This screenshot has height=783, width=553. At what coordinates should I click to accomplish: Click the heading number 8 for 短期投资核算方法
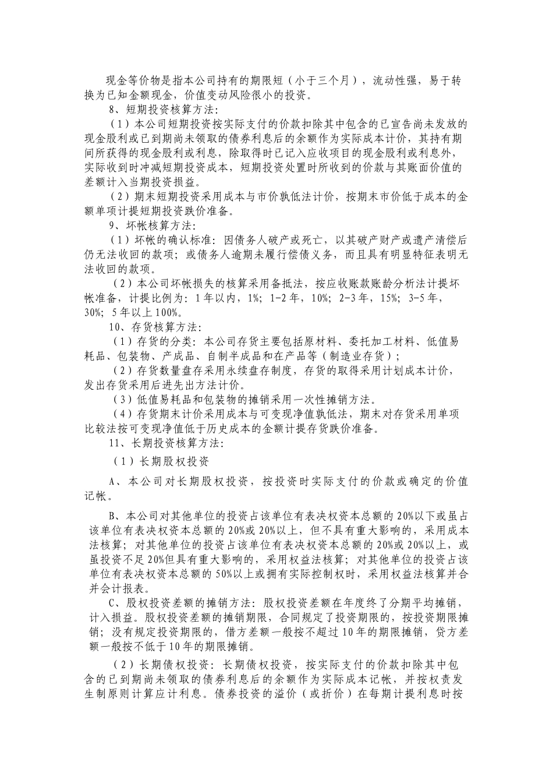click(x=113, y=109)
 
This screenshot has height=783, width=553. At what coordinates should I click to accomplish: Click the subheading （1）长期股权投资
click(x=160, y=462)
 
